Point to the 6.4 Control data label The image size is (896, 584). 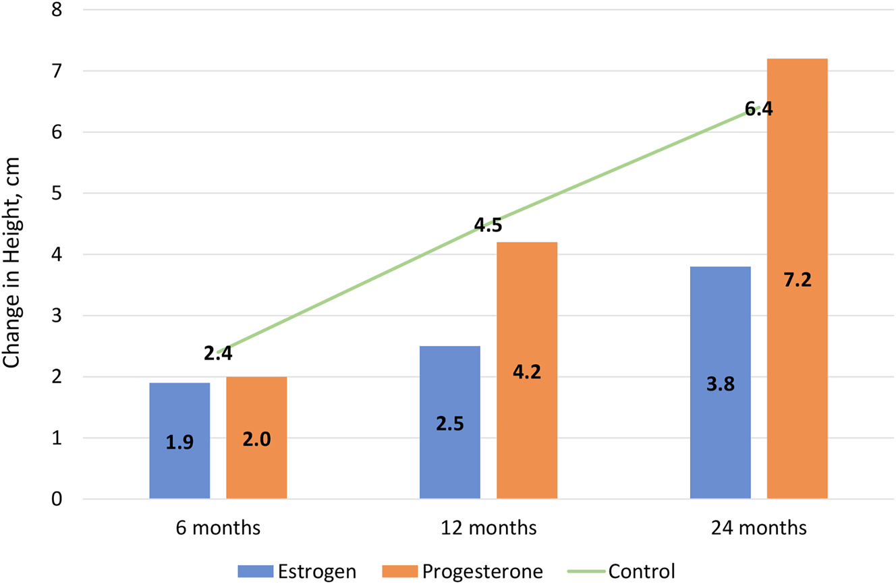(758, 109)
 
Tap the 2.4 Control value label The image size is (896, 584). (217, 353)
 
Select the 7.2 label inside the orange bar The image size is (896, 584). (797, 279)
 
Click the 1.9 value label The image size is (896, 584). (179, 443)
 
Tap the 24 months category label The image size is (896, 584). (758, 528)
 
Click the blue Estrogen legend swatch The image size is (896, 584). (255, 572)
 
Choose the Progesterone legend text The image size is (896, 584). (482, 572)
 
